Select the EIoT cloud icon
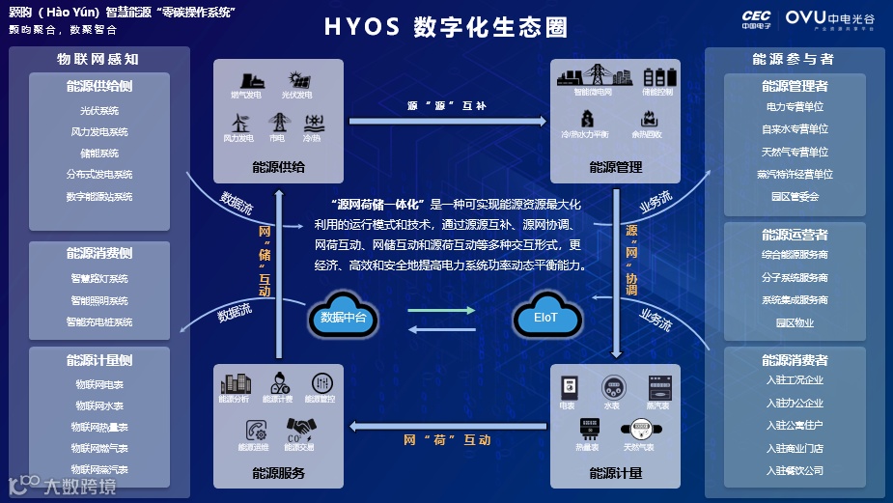[545, 317]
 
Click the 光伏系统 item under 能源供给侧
[99, 110]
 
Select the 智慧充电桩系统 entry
[99, 321]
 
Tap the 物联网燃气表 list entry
[99, 448]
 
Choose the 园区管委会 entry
[795, 196]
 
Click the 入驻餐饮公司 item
[795, 470]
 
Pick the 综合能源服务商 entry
[795, 255]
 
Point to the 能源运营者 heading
[795, 235]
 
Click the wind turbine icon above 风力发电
[238, 122]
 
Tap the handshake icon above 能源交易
[298, 428]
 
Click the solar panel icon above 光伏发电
[296, 80]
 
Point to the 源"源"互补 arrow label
[446, 105]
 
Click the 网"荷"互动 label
[446, 440]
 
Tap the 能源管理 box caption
[615, 167]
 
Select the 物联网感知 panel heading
[99, 59]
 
